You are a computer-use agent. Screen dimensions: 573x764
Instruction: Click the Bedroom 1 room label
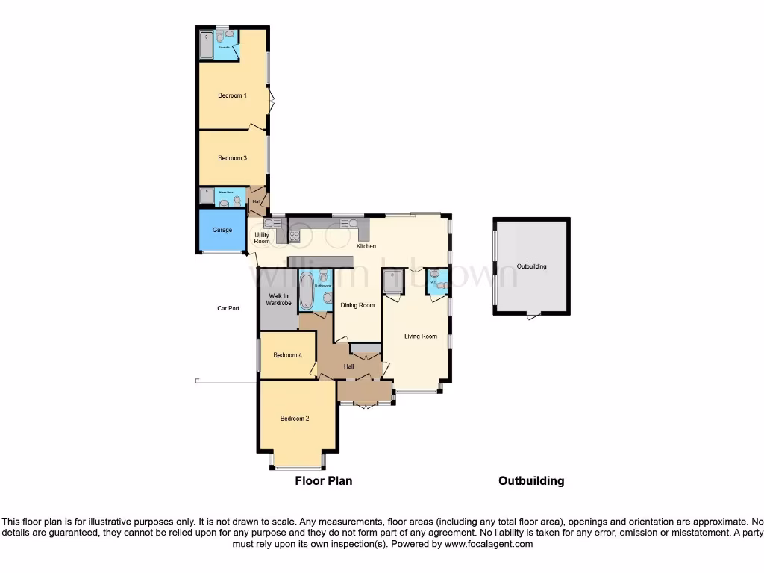tap(232, 95)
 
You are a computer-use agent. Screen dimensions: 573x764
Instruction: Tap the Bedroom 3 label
tap(232, 158)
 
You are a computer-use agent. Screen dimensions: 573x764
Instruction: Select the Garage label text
tap(222, 230)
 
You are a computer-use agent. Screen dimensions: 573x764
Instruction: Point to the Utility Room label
tap(262, 238)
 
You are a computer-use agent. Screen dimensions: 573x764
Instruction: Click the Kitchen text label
tap(366, 246)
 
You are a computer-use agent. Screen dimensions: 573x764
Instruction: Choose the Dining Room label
tap(357, 305)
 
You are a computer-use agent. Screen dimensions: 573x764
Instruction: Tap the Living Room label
tap(421, 336)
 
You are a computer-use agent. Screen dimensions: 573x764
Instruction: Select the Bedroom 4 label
tap(287, 355)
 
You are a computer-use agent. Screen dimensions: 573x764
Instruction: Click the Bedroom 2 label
tap(295, 419)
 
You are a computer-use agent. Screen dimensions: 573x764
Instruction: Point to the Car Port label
tap(228, 308)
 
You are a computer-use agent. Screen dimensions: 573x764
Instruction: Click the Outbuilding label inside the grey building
tap(531, 266)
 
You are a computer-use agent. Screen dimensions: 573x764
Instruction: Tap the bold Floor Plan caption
tap(324, 481)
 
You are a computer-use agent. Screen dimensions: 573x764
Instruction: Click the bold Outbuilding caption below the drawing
tap(531, 481)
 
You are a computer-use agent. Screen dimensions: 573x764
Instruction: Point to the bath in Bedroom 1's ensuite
tap(206, 45)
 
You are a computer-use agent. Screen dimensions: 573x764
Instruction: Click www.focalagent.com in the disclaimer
tap(488, 545)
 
